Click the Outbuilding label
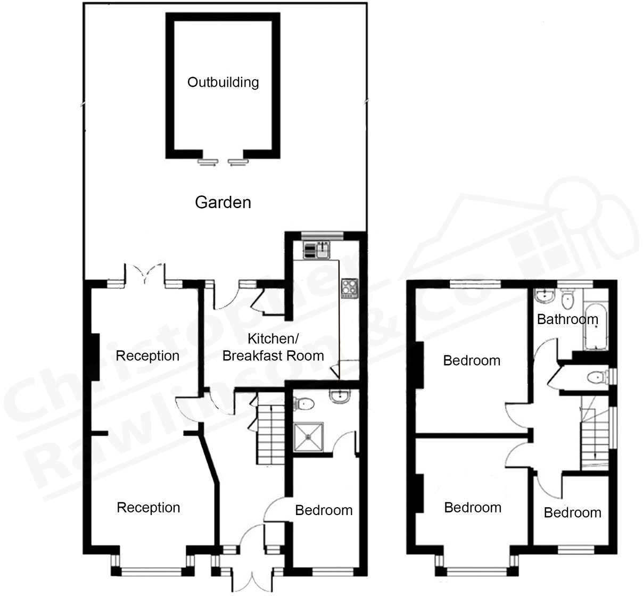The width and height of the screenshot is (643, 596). [x=223, y=82]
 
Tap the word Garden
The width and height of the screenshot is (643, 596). [x=223, y=203]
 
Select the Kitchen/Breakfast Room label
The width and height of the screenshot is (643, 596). [x=273, y=347]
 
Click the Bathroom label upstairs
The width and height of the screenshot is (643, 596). [x=567, y=320]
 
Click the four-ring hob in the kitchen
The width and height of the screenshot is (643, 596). [x=349, y=288]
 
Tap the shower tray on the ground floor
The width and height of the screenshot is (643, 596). [x=308, y=437]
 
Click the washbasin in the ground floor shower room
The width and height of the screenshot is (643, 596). [x=339, y=396]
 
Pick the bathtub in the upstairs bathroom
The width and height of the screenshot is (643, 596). [x=595, y=327]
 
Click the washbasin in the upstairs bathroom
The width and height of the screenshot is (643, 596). [x=544, y=295]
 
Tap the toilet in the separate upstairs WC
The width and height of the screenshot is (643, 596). [x=596, y=378]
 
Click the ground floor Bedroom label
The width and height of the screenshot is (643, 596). [x=324, y=511]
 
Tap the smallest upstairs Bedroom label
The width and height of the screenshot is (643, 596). [x=572, y=513]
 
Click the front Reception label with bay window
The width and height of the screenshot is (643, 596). [x=149, y=508]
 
